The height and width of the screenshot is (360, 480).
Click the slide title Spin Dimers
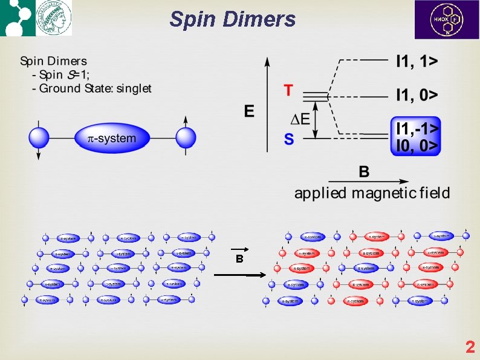click(233, 19)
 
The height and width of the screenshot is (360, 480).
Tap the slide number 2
click(470, 347)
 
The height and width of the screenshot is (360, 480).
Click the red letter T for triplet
click(288, 91)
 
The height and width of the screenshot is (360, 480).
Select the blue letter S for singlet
click(289, 140)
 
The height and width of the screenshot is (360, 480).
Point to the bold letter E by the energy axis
click(248, 111)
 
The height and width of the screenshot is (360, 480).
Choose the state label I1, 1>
click(417, 61)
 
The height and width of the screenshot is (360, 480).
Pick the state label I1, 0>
click(417, 95)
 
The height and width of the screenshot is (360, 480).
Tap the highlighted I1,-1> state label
click(417, 128)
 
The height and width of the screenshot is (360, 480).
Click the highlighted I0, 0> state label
click(417, 145)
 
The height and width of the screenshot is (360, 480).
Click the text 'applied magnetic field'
click(372, 194)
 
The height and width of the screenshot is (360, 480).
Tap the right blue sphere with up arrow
click(186, 137)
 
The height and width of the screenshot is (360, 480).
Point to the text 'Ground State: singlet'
click(96, 89)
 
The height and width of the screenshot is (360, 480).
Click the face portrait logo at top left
click(53, 18)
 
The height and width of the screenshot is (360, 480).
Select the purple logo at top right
click(446, 19)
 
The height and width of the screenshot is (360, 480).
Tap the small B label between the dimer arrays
click(239, 258)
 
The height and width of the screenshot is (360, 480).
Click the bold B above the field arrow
click(364, 172)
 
